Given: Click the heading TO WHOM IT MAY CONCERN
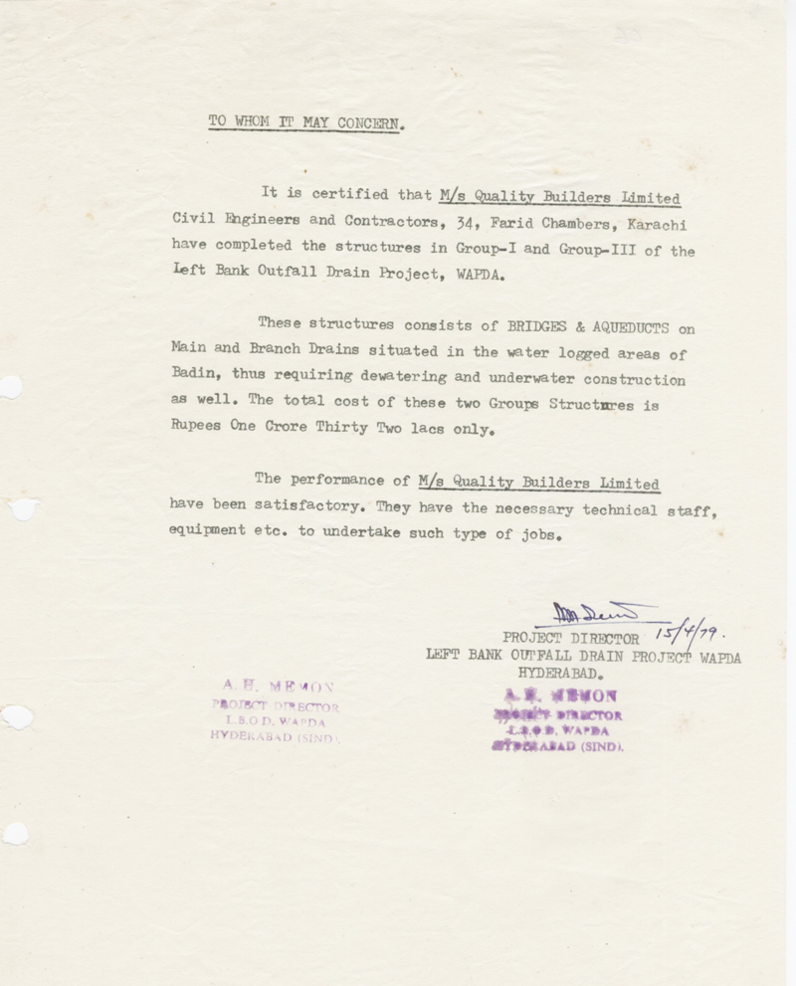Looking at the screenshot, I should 306,123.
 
